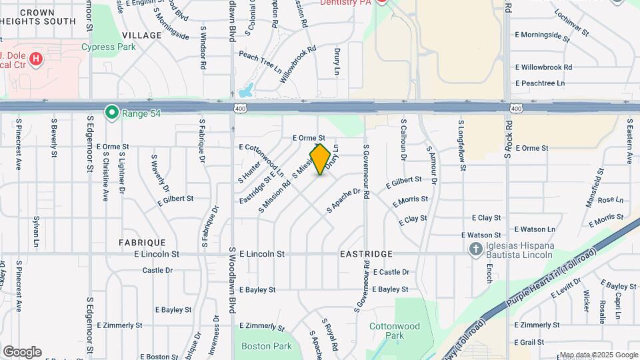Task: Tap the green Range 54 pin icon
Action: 111,112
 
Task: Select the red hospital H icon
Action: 36,59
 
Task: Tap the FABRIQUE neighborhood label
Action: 142,242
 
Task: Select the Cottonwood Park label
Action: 395,331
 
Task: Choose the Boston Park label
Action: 267,346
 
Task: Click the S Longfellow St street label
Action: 461,141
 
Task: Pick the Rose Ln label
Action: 610,199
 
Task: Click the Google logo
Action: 22,352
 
